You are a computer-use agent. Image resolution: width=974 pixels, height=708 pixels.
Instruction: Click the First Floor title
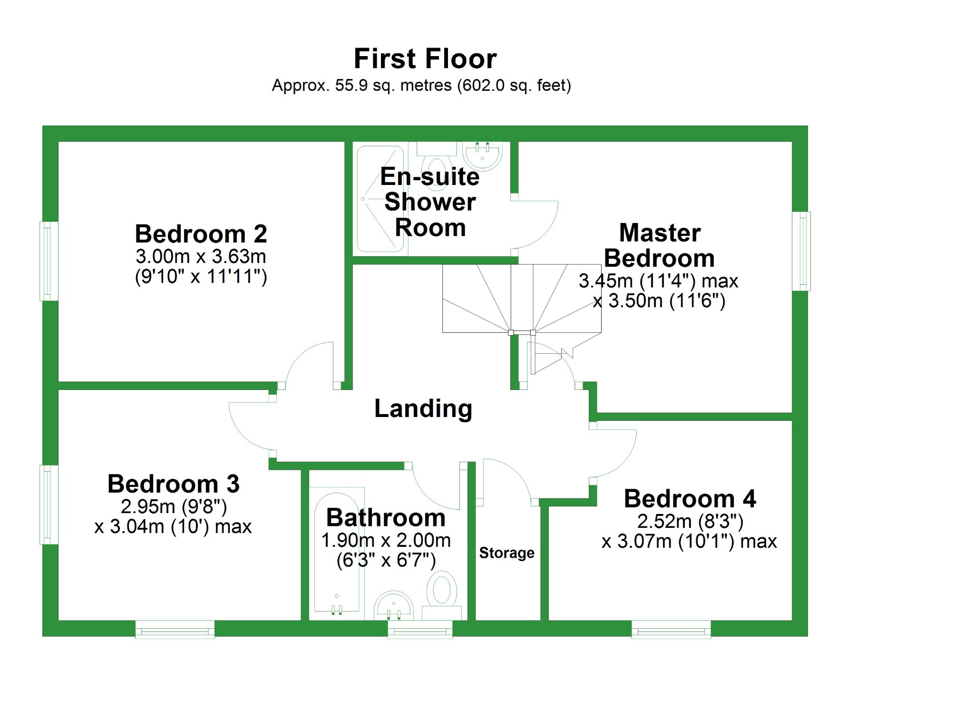pos(425,58)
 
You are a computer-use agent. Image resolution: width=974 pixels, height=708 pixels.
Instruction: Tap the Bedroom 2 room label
pos(201,234)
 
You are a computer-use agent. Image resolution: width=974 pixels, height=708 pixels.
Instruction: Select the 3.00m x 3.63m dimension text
pos(201,256)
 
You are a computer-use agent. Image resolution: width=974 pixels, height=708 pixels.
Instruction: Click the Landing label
pos(423,408)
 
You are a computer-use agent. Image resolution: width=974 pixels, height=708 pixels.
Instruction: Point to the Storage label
pos(506,553)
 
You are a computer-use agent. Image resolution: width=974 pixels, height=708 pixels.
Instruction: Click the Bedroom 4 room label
pos(690,499)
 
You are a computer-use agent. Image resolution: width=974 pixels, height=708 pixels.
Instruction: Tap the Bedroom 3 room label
pos(174,484)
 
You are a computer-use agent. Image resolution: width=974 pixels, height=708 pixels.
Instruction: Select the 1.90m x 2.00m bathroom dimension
pos(386,540)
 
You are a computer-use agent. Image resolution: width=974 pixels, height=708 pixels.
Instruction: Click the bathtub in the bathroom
pos(336,552)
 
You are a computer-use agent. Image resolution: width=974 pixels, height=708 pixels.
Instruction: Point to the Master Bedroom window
pos(801,251)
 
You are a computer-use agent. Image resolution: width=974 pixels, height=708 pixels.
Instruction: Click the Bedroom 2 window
pos(49,261)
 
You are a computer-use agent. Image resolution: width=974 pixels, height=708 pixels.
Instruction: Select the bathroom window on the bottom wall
pos(420,630)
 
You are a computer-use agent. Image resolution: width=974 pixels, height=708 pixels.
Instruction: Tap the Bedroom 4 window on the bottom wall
pos(671,630)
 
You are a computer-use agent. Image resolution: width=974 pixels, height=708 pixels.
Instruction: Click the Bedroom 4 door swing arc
pos(616,454)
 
